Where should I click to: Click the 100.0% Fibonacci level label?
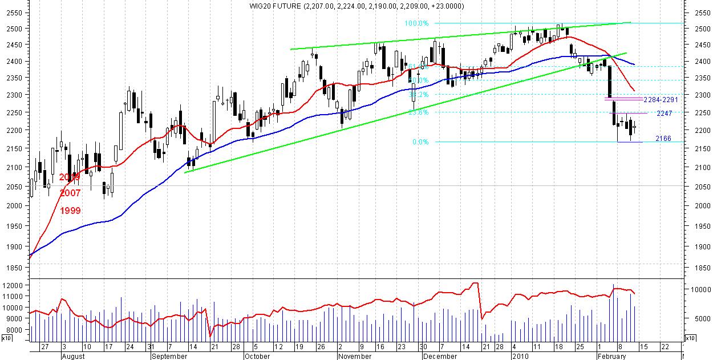click(416, 23)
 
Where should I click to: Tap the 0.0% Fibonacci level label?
click(420, 142)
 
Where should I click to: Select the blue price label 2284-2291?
click(660, 99)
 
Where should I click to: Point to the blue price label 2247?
click(664, 114)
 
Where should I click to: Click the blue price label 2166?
click(663, 138)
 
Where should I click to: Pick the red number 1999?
click(70, 211)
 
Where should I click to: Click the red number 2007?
click(70, 193)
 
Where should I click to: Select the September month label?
click(170, 356)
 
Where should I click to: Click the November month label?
click(355, 356)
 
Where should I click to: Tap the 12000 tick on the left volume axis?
click(13, 285)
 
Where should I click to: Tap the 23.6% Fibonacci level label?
click(419, 112)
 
